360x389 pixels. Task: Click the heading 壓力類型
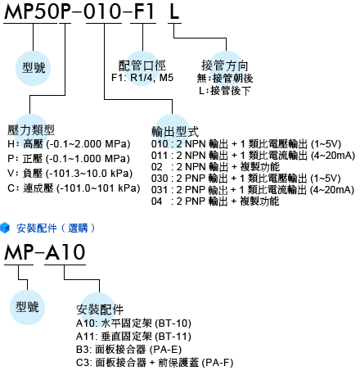[31, 130]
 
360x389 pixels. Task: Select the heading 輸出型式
[175, 132]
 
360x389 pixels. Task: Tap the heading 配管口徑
[142, 66]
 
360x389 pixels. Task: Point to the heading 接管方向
[225, 66]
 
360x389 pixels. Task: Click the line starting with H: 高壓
[69, 144]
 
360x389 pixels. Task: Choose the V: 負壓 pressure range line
[70, 174]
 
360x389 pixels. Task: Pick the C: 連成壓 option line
[74, 188]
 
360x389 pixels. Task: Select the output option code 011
[160, 156]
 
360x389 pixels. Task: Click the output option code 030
[160, 179]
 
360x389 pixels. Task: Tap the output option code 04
[157, 201]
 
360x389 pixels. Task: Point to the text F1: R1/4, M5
[142, 78]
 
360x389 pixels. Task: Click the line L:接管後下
[224, 91]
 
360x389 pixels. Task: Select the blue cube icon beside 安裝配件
[5, 228]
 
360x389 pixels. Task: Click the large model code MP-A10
[45, 252]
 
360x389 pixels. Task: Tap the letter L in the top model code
[174, 11]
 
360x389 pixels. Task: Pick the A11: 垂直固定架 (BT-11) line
[133, 337]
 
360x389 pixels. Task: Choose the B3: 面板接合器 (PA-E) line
[128, 350]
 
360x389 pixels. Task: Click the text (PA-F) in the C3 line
[218, 363]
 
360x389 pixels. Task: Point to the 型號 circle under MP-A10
[27, 307]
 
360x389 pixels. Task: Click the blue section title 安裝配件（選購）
[56, 228]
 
